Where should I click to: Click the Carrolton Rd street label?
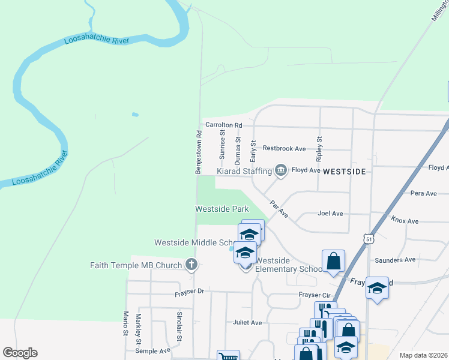click(x=223, y=125)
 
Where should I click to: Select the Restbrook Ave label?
click(x=284, y=148)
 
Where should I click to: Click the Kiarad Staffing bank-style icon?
click(x=280, y=171)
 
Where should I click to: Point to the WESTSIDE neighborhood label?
click(x=344, y=172)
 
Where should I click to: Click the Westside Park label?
click(x=221, y=209)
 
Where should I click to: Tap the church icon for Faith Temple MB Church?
click(x=191, y=265)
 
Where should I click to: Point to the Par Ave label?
click(x=279, y=209)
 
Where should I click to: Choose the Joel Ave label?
click(x=330, y=214)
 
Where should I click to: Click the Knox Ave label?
click(x=405, y=221)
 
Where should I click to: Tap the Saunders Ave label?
click(x=395, y=260)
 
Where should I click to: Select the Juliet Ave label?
click(x=247, y=323)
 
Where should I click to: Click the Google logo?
click(x=20, y=353)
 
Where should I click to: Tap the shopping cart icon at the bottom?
click(x=228, y=356)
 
